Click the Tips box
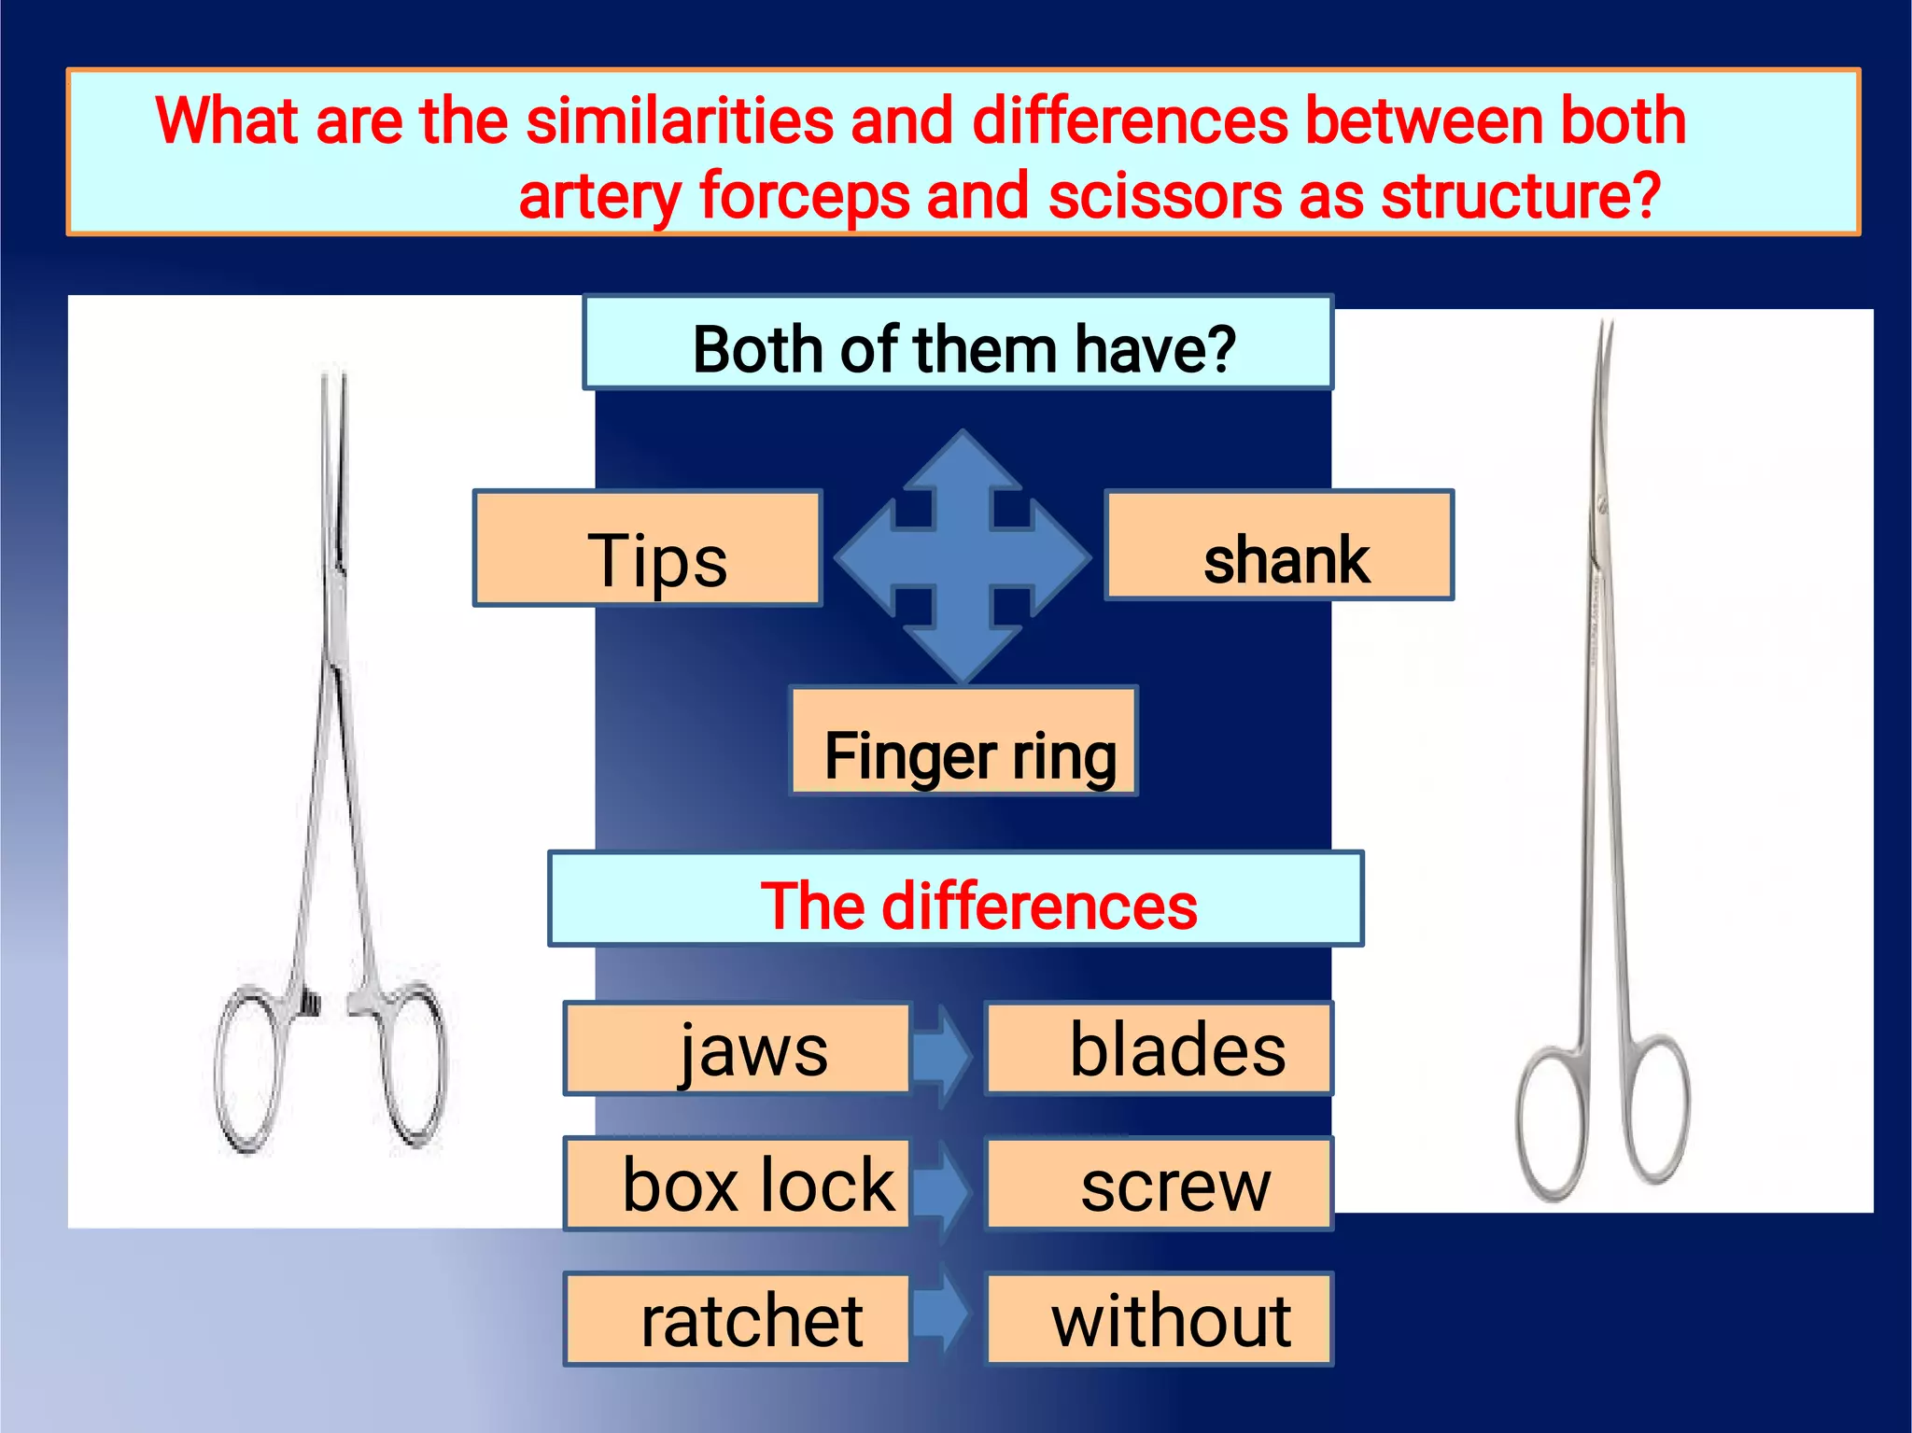pos(647,549)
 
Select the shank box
pos(1279,545)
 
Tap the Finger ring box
pos(963,741)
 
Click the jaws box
pos(737,1048)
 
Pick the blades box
pos(1159,1048)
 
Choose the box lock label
pos(737,1184)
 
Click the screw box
pos(1159,1184)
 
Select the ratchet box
pos(737,1319)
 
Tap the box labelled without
pos(1159,1319)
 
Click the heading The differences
pos(956,899)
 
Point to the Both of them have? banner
pos(958,344)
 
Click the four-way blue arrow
pos(963,557)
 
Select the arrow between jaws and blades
pos(945,1053)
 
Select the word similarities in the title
pos(680,121)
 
